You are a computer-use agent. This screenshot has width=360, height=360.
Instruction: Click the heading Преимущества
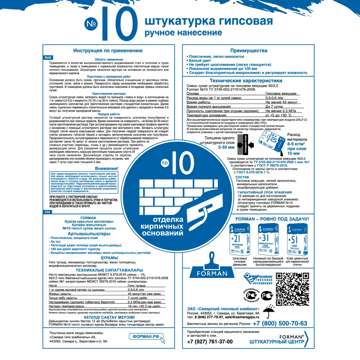(x=249, y=51)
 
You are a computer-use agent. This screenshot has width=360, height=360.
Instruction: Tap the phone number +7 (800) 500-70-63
(x=280, y=323)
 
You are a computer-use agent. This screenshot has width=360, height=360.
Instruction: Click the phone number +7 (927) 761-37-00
(x=210, y=342)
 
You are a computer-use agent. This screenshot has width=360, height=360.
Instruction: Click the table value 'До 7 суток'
(x=275, y=107)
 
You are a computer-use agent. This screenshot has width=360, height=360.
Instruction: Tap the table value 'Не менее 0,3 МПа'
(x=281, y=111)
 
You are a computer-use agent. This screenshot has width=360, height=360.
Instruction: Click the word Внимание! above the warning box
(x=107, y=168)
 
